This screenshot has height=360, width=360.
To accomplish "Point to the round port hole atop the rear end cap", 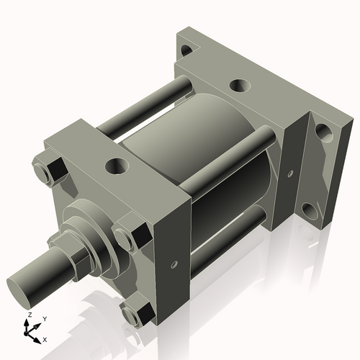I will pyautogui.click(x=238, y=86).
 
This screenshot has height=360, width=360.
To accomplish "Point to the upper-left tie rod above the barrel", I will pyautogui.click(x=144, y=108).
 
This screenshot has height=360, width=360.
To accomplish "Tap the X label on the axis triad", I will pyautogui.click(x=45, y=338).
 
